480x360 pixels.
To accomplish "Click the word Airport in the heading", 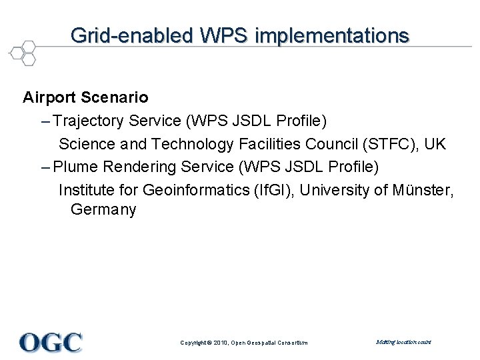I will click(x=49, y=98).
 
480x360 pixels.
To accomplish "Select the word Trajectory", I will click(x=89, y=121).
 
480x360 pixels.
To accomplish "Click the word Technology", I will click(x=193, y=144).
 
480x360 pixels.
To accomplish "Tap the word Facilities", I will click(x=270, y=144).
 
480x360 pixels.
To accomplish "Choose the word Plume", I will click(x=75, y=167).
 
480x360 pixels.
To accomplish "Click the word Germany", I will click(x=103, y=210).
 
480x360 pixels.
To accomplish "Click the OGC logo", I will click(x=51, y=343).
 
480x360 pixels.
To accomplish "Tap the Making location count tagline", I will click(x=403, y=342).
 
